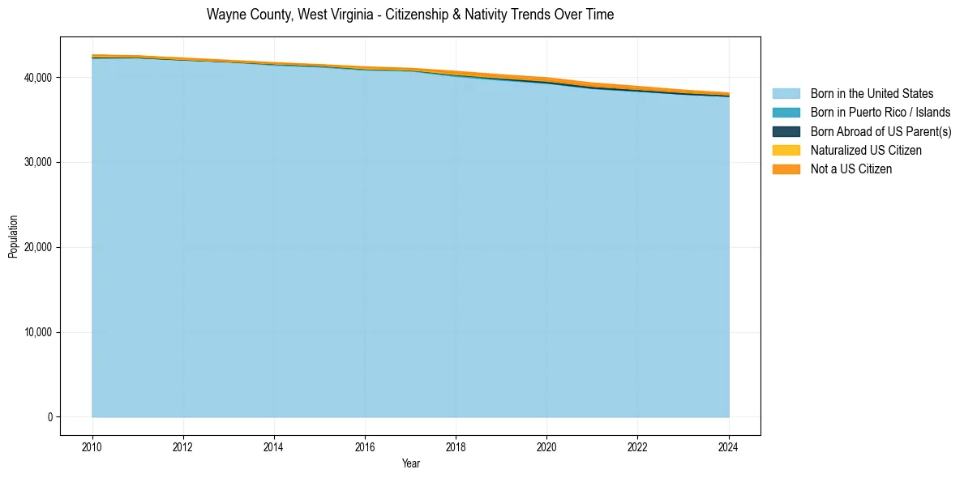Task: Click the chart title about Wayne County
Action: (409, 15)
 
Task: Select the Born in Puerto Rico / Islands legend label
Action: (880, 113)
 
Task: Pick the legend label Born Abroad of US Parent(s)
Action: (880, 131)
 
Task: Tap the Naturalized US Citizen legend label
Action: (866, 151)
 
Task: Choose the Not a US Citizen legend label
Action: (851, 169)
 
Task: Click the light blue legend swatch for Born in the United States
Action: (786, 94)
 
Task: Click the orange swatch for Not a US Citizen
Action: (786, 169)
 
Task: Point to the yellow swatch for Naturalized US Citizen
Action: (786, 151)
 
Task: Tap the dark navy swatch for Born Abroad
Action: (786, 131)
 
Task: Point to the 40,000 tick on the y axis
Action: (37, 78)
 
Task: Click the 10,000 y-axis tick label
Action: (37, 332)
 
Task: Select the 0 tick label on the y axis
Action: (50, 417)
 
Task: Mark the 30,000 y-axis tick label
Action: (37, 163)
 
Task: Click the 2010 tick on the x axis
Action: (92, 446)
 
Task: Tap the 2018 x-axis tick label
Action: (456, 446)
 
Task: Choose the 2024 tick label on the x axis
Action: (729, 446)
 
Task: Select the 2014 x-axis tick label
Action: (274, 446)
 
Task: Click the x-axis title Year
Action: (410, 463)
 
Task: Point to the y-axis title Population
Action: (13, 236)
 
